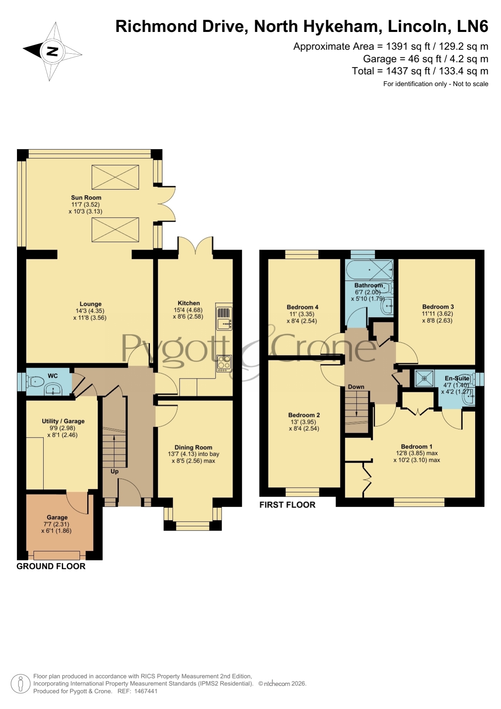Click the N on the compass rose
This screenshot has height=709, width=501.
click(52, 51)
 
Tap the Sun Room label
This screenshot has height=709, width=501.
click(86, 198)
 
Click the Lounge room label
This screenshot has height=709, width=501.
click(90, 304)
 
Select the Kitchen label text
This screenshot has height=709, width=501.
click(189, 303)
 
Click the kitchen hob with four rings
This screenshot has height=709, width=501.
click(224, 363)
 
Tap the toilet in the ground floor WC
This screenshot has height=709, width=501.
click(35, 381)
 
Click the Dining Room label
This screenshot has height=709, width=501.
click(193, 447)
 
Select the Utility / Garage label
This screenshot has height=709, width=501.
click(63, 421)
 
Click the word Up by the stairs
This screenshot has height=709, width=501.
click(115, 471)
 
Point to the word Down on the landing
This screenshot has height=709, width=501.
click(356, 387)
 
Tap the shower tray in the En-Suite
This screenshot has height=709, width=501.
click(424, 379)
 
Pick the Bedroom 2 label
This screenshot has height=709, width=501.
click(304, 415)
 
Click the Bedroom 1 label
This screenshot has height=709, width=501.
click(417, 446)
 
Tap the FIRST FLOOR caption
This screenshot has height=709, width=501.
click(287, 505)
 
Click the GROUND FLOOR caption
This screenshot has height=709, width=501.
click(51, 566)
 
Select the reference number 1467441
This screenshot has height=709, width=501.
click(145, 691)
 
